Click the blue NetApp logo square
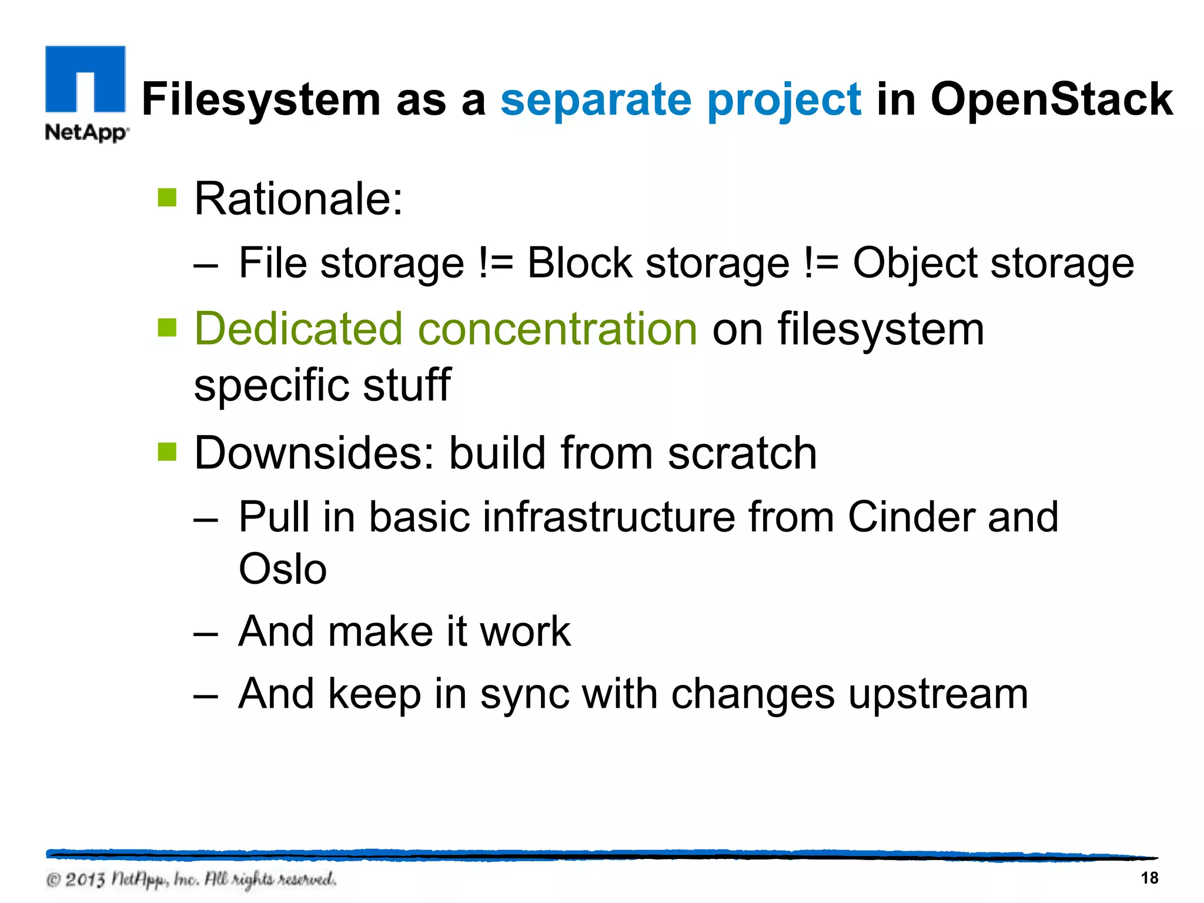click(85, 79)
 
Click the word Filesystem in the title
click(261, 99)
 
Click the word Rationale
click(297, 199)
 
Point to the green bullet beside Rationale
click(168, 198)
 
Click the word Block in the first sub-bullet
click(579, 263)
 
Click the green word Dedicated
click(298, 329)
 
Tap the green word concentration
click(557, 329)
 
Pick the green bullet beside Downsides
click(168, 452)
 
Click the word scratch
click(742, 453)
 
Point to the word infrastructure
click(608, 517)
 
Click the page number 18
click(1149, 878)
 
